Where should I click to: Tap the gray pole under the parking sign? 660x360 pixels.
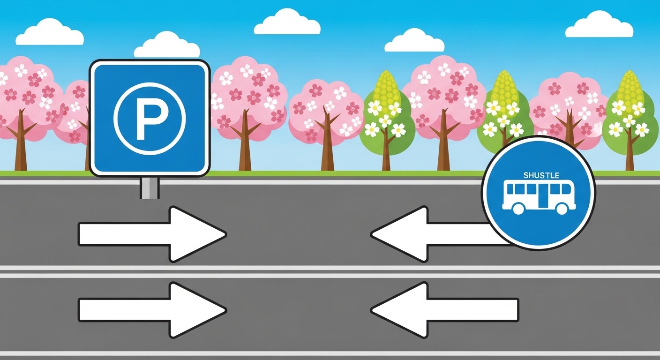click(150, 187)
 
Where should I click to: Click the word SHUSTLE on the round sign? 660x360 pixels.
click(541, 175)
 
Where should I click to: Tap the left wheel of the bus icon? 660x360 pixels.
click(518, 209)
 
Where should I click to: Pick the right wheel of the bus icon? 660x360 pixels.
click(562, 209)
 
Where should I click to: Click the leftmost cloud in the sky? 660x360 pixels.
click(49, 34)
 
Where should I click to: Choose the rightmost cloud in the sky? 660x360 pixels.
click(599, 26)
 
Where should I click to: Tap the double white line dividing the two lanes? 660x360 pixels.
click(330, 272)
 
